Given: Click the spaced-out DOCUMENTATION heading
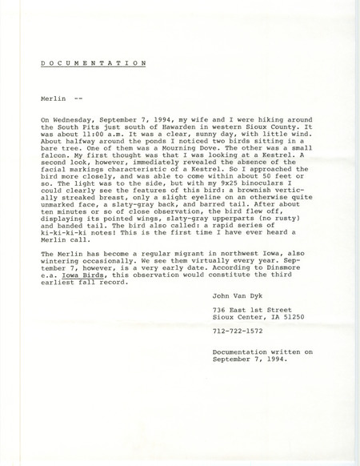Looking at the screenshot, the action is tap(93, 61).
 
